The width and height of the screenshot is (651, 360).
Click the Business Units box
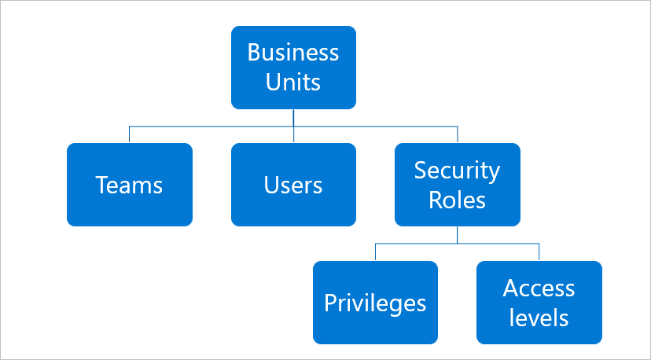293,68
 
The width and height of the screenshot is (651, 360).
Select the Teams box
130,185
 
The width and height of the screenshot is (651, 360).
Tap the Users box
293,185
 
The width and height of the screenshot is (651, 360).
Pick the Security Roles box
458,185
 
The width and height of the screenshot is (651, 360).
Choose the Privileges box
375,303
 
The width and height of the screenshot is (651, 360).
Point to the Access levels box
539,303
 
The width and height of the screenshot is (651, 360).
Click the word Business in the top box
293,53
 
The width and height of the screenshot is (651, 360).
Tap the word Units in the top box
293,82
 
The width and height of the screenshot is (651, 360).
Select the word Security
457,171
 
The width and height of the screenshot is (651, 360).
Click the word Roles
457,200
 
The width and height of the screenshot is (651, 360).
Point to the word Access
539,288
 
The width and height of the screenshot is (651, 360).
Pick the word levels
539,318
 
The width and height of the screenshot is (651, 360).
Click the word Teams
129,186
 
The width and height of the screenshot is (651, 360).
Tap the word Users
293,186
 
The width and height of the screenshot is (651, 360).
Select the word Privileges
375,303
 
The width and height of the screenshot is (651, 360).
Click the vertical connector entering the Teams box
129,134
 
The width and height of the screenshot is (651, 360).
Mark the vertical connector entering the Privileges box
375,252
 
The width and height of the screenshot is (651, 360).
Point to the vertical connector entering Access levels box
539,252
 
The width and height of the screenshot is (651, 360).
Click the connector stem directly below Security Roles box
457,234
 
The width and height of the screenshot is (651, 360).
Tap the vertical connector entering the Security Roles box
458,134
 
